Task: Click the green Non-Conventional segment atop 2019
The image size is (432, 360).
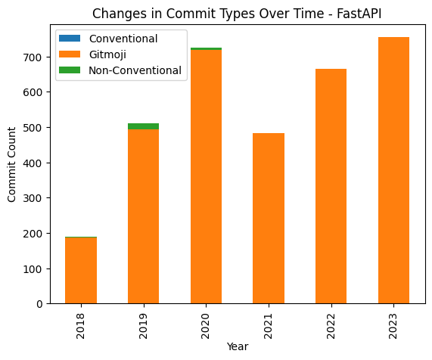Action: (144, 126)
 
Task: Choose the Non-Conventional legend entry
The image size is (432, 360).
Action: (135, 70)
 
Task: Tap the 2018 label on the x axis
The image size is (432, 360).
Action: (82, 321)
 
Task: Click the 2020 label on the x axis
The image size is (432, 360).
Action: (207, 321)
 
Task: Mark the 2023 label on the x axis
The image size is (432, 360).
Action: (394, 321)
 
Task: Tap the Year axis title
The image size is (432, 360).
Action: (238, 347)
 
